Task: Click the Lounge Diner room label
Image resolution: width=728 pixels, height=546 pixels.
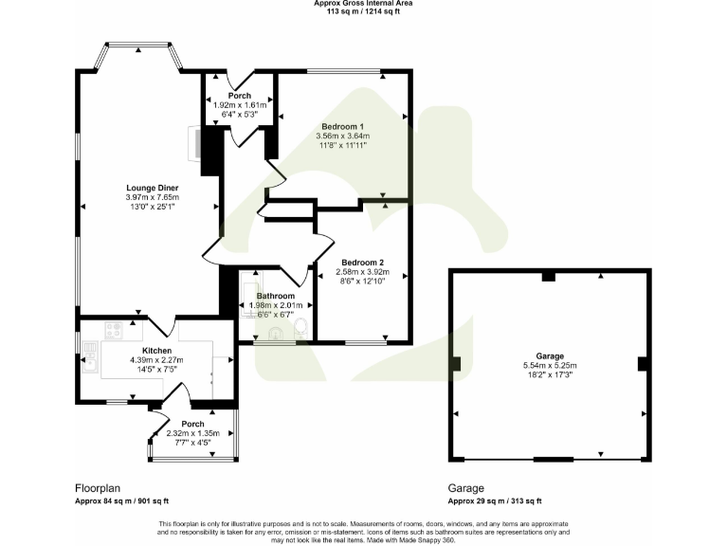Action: coord(152,188)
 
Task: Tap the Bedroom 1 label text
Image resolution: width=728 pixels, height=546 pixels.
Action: coord(342,126)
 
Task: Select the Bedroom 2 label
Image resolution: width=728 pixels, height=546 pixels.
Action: coord(362,262)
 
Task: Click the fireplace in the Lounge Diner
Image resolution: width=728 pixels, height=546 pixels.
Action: coord(198,144)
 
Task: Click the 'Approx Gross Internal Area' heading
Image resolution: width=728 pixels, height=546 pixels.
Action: coord(363,4)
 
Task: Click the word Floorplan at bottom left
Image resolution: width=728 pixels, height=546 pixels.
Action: coord(98,487)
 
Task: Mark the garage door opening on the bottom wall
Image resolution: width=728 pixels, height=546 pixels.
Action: coord(547,460)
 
